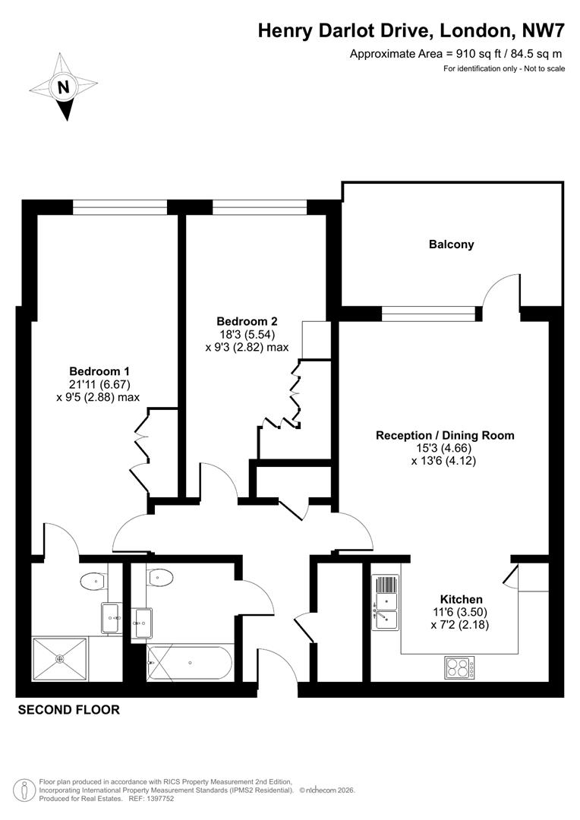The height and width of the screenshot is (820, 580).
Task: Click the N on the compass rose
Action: pyautogui.click(x=65, y=87)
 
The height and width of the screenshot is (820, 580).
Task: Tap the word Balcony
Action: pyautogui.click(x=451, y=244)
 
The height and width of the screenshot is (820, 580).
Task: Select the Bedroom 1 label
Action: pyautogui.click(x=99, y=371)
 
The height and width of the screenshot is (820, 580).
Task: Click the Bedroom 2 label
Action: pyautogui.click(x=247, y=321)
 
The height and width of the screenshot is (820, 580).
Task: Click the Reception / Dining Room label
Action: pyautogui.click(x=445, y=436)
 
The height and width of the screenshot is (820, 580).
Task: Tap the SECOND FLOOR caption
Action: pyautogui.click(x=68, y=711)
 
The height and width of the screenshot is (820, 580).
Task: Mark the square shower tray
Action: pyautogui.click(x=60, y=658)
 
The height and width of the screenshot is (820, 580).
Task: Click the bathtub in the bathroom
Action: pyautogui.click(x=188, y=663)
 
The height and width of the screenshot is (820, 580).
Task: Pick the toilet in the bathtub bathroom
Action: pyautogui.click(x=160, y=578)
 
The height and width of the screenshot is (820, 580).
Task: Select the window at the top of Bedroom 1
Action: pyautogui.click(x=119, y=203)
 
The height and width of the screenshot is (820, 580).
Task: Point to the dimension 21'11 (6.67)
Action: pyautogui.click(x=99, y=384)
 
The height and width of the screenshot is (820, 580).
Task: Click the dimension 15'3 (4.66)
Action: pyautogui.click(x=445, y=448)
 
